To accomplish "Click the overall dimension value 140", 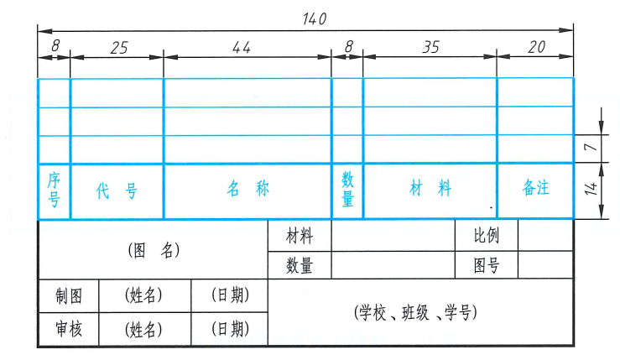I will click(314, 18).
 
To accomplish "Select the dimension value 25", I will click(118, 48).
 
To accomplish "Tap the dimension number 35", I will click(430, 48).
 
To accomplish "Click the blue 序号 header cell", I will click(55, 190).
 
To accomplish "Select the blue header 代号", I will click(117, 190).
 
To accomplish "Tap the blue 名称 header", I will click(247, 190).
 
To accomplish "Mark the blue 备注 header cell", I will click(535, 190).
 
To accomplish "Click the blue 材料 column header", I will click(430, 190).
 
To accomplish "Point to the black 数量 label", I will click(300, 266).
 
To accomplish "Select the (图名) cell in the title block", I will click(154, 250).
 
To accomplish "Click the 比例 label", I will click(487, 236).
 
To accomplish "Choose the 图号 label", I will click(487, 266).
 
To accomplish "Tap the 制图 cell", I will click(68, 295).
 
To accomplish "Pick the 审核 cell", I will click(68, 328).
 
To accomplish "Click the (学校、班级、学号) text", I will click(416, 313).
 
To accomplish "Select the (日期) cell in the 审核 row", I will click(229, 328).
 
